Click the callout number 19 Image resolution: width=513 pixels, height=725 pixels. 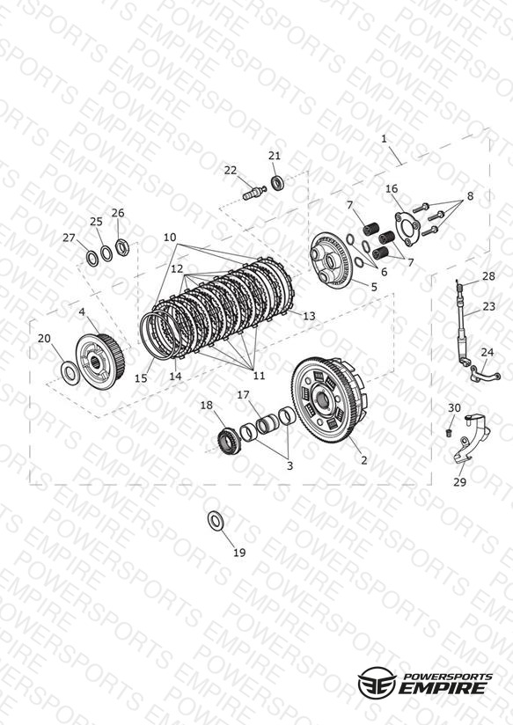(x=239, y=553)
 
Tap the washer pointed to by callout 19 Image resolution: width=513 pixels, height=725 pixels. (x=215, y=521)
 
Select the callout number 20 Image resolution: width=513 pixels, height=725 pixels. (x=44, y=339)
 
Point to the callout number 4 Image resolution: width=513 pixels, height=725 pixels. (x=82, y=312)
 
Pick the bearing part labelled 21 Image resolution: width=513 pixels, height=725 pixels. (x=277, y=182)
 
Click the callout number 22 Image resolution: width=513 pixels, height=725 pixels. (x=231, y=171)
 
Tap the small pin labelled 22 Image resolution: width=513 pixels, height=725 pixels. (x=254, y=193)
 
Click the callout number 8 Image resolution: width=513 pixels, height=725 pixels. (x=470, y=196)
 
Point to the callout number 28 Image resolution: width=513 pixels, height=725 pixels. (x=488, y=276)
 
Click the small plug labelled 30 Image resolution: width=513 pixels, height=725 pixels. (x=448, y=433)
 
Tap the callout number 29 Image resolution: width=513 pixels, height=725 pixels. (x=459, y=482)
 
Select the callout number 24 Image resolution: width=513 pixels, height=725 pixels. (x=487, y=352)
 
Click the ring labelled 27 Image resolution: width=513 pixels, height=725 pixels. (x=92, y=259)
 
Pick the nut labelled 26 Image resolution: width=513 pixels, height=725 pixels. (x=122, y=247)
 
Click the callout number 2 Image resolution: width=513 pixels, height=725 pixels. (x=364, y=460)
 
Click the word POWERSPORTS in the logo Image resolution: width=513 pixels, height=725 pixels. (x=446, y=677)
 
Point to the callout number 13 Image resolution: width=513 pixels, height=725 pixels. (x=309, y=316)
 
